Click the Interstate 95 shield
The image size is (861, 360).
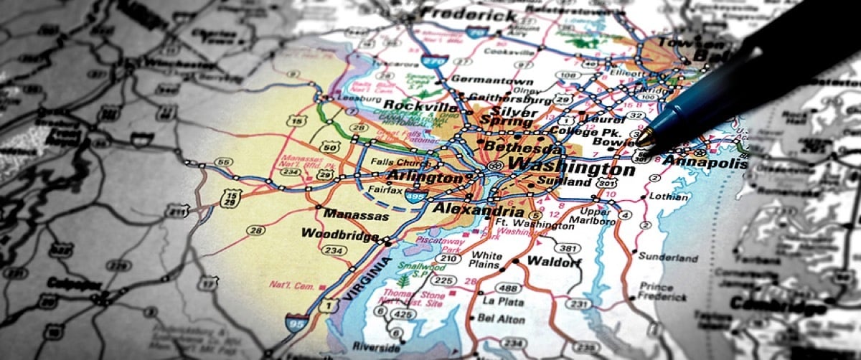[296, 322]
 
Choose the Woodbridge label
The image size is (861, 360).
[340, 234]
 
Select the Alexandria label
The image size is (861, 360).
[477, 209]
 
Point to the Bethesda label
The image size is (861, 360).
[522, 147]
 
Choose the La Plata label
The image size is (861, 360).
[499, 300]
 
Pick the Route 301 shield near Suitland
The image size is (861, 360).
[607, 183]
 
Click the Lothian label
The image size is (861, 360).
[669, 196]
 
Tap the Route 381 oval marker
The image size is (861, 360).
[568, 248]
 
